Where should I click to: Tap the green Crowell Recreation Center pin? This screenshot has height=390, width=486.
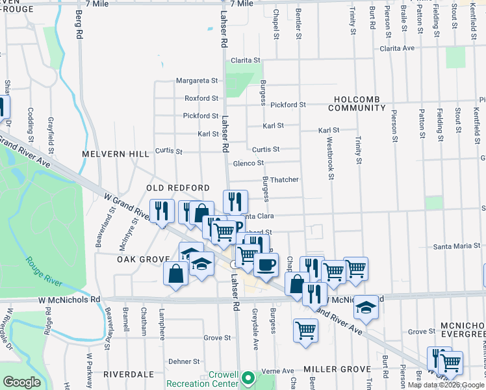[x=246, y=377]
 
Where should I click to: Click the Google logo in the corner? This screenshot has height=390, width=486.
[x=22, y=382]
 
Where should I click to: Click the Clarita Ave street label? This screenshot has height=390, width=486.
[x=398, y=48]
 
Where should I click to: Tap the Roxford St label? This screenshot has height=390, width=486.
[x=201, y=98]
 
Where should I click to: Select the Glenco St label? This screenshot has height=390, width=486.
[x=248, y=163]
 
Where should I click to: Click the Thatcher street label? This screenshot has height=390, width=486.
[x=285, y=179]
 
